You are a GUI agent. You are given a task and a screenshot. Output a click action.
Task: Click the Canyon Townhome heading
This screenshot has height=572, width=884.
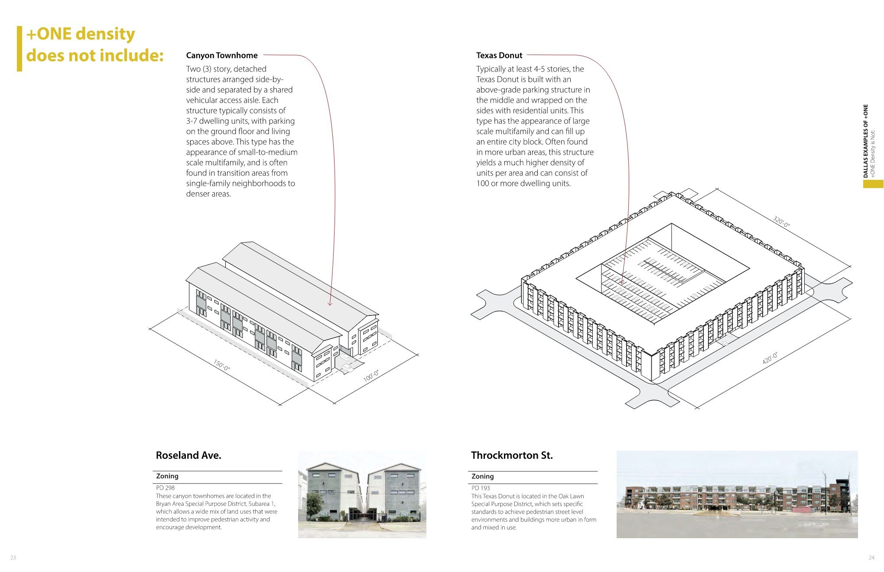(x=221, y=55)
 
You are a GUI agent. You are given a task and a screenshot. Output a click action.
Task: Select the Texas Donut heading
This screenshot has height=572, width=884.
(x=499, y=55)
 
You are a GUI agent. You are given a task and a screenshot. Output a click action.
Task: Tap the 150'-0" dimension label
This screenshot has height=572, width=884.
(x=221, y=365)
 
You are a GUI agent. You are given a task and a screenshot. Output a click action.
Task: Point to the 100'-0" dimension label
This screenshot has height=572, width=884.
(x=371, y=376)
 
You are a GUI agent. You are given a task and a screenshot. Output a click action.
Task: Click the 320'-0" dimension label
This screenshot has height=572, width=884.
(x=782, y=221)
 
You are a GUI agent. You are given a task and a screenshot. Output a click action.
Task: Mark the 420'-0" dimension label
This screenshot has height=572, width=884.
(x=770, y=358)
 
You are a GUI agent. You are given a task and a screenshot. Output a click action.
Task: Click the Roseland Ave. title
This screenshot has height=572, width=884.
(x=188, y=455)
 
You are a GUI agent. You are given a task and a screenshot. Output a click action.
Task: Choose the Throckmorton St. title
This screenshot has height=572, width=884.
(x=512, y=455)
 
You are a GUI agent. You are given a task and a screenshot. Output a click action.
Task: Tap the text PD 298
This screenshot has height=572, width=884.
(x=165, y=488)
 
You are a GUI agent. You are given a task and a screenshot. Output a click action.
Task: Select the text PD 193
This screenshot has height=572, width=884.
(x=481, y=488)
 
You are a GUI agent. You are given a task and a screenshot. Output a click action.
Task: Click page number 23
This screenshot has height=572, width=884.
(x=13, y=558)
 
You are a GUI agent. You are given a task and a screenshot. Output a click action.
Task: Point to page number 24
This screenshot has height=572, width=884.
(x=871, y=558)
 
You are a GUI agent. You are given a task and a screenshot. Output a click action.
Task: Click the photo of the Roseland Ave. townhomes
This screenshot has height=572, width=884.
(x=362, y=494)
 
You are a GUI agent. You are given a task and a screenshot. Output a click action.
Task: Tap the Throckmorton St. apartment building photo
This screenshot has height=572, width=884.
(x=737, y=494)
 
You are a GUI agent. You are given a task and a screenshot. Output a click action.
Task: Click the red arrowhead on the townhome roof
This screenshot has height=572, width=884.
(x=330, y=304)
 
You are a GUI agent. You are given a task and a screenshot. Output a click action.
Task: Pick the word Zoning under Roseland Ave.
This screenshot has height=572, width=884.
(x=167, y=476)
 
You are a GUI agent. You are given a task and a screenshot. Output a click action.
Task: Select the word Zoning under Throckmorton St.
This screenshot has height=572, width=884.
(x=483, y=476)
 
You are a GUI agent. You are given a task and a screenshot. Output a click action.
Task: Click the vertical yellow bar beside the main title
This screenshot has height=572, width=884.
(x=19, y=49)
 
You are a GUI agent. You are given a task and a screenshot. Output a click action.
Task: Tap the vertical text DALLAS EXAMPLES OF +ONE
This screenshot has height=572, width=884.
(x=865, y=141)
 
